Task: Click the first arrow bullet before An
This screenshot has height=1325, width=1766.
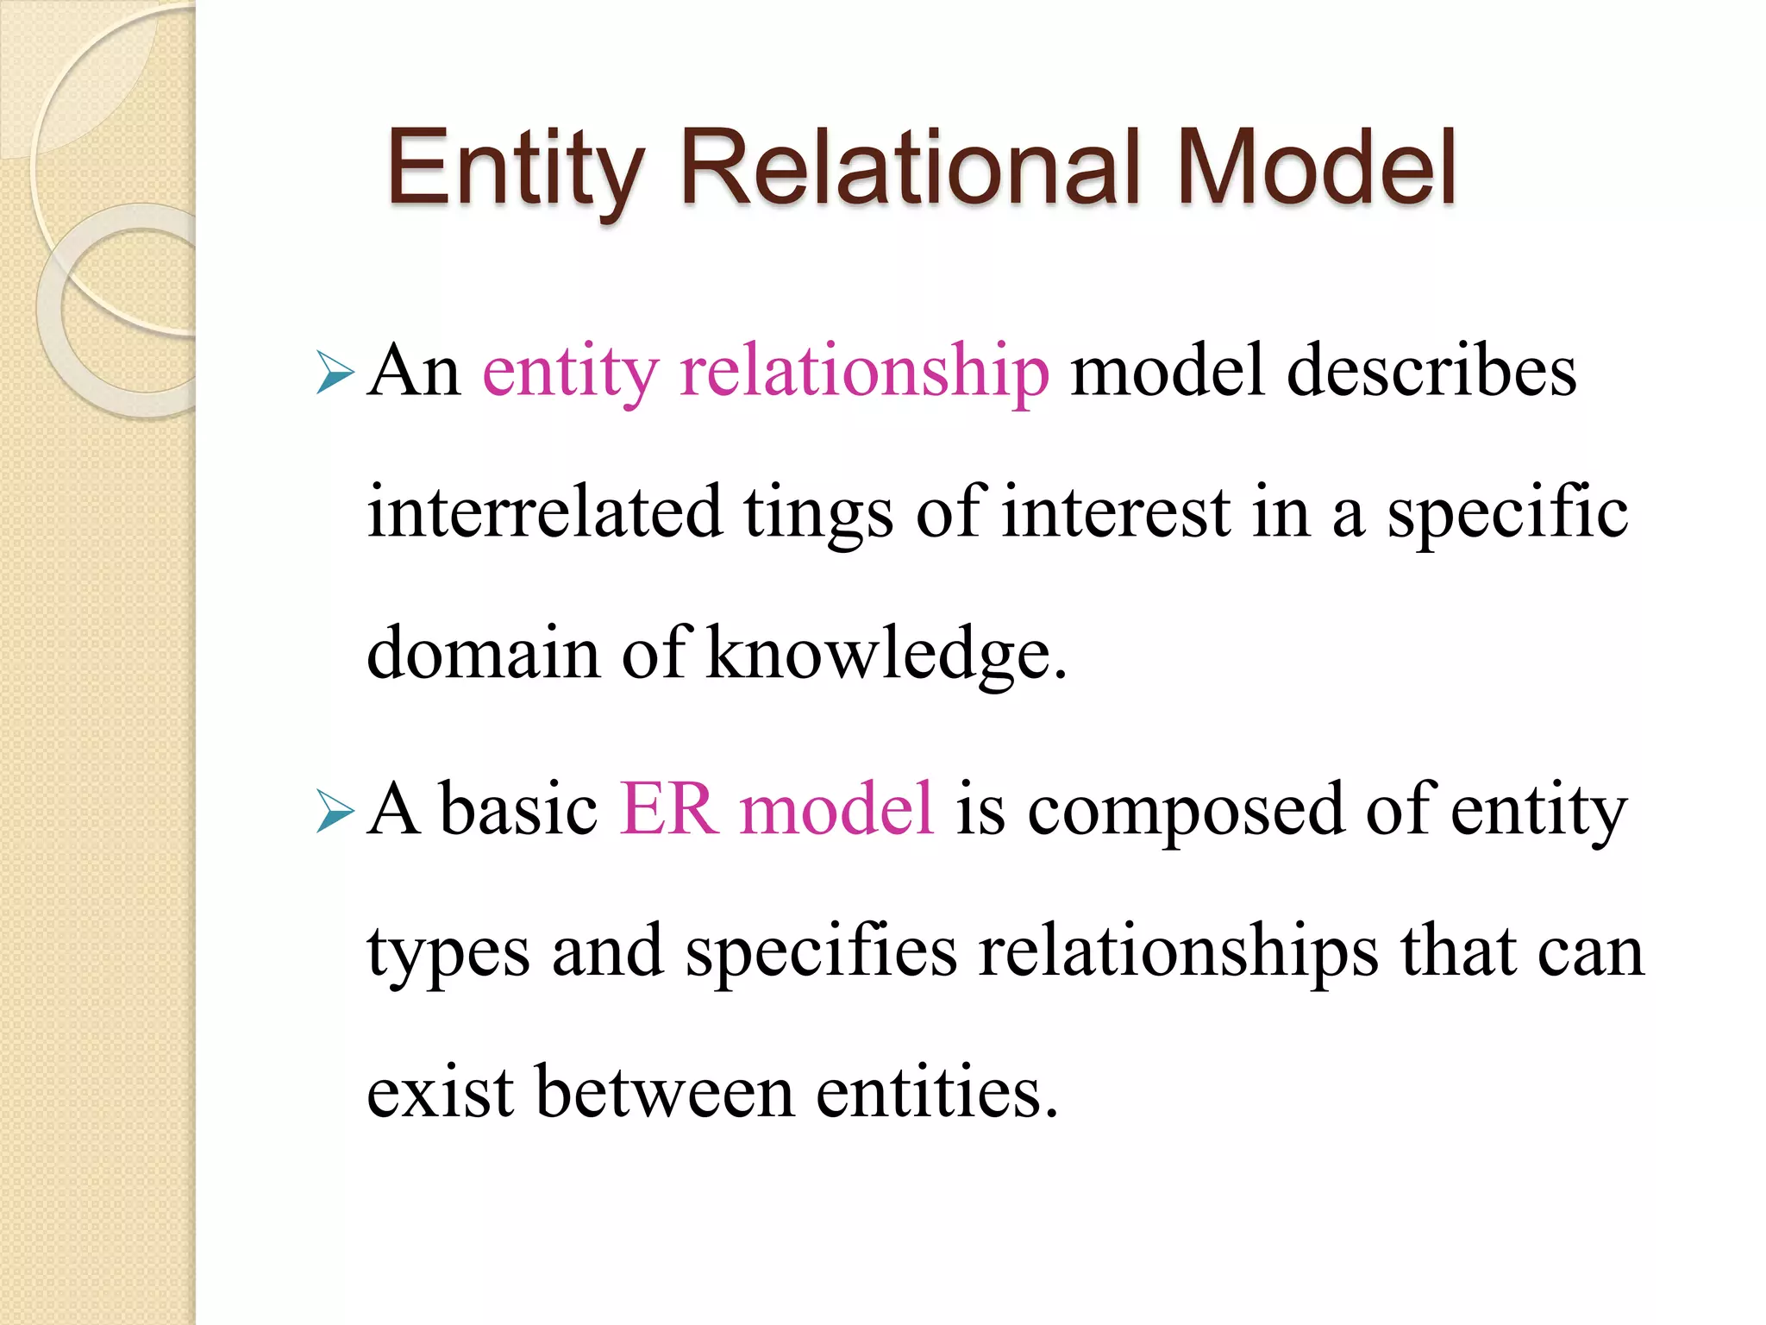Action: [335, 373]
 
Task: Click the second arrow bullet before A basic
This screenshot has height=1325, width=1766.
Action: [335, 812]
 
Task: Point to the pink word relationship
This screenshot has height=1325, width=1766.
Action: [864, 373]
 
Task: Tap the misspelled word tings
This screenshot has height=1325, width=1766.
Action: [817, 514]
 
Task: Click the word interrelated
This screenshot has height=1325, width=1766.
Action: [545, 512]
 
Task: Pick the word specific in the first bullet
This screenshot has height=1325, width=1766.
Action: [1507, 514]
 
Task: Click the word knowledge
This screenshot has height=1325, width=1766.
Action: [886, 654]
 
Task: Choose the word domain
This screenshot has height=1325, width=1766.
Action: [483, 654]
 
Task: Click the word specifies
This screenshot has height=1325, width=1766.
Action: [821, 952]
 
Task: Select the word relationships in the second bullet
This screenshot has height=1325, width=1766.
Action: [1178, 952]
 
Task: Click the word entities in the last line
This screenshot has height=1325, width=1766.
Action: [936, 1092]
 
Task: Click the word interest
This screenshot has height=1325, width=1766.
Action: [1116, 514]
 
